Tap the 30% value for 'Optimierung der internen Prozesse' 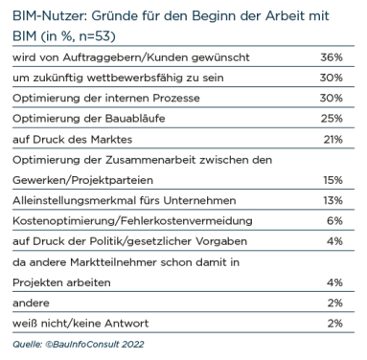(x=344, y=97)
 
